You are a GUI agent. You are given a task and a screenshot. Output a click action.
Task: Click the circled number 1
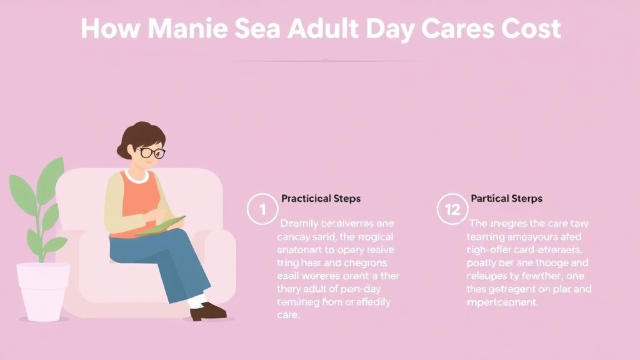[262, 209]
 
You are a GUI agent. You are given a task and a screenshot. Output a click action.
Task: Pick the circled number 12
[452, 209]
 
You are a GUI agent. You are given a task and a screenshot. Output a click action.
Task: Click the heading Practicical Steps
[321, 199]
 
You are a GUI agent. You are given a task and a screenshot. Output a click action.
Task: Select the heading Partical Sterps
[506, 199]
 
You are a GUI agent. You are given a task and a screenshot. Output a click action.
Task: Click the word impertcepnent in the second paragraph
[502, 302]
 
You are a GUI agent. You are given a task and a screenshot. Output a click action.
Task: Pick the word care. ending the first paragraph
[288, 315]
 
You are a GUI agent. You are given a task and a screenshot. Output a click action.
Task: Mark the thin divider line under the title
[325, 61]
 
